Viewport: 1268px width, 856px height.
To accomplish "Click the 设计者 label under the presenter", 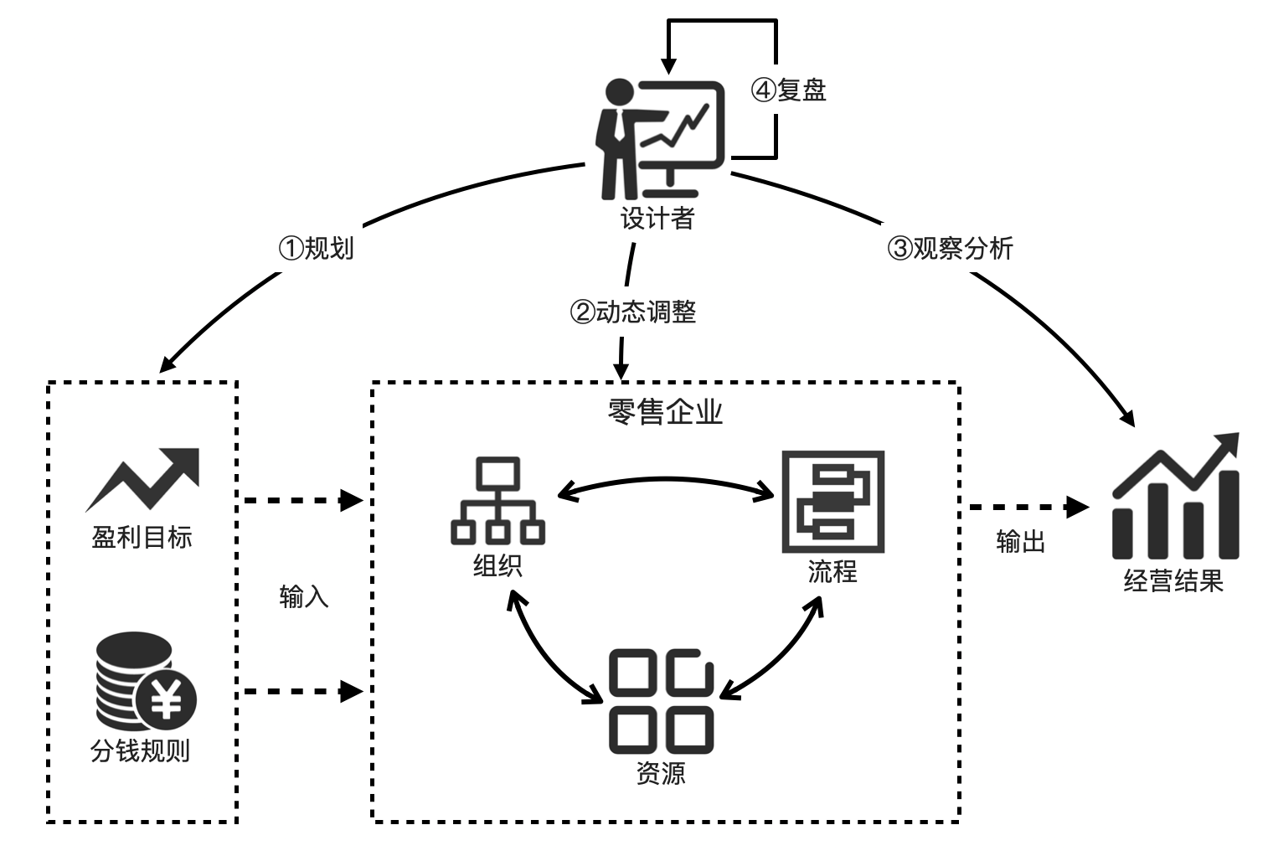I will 657,219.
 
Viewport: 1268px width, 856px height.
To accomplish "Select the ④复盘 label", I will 789,90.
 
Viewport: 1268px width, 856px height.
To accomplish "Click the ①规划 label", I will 316,248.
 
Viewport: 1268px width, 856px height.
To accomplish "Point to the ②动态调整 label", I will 633,312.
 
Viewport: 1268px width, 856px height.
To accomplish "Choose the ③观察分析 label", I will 950,248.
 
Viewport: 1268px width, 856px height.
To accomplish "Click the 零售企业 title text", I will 665,412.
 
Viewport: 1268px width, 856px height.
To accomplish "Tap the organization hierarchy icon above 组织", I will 497,501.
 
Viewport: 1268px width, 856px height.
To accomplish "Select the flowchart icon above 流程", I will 832,502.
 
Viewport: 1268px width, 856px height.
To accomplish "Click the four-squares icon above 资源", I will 661,700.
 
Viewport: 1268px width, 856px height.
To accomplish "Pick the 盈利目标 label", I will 142,537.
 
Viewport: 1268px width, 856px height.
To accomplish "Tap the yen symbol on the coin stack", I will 166,699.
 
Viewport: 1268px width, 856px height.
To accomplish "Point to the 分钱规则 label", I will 141,750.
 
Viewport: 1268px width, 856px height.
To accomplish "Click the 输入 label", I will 304,596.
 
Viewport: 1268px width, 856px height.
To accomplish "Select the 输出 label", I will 1021,542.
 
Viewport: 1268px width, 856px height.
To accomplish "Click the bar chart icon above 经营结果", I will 1175,498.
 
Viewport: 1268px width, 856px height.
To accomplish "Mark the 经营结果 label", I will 1173,580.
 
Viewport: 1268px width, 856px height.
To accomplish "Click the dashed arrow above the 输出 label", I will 1028,507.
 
